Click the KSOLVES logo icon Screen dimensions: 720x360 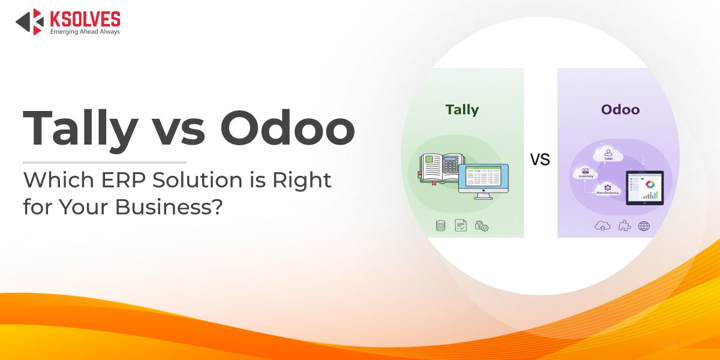[29, 22]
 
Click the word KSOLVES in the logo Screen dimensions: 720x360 [85, 19]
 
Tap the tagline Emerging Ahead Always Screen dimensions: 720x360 [85, 32]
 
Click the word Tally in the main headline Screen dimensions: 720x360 [80, 128]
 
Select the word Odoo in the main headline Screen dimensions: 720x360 [287, 128]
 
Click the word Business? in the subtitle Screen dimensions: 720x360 [169, 206]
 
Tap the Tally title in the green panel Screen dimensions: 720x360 [462, 110]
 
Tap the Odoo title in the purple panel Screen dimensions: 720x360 [620, 110]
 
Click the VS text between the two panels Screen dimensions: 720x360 [540, 160]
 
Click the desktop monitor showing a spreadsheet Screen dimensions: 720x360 [484, 181]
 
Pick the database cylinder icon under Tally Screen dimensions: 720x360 [440, 226]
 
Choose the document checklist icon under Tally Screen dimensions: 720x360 [461, 226]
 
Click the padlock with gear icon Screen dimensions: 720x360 [481, 226]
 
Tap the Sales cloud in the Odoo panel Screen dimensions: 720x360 [608, 155]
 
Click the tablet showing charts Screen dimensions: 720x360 [645, 188]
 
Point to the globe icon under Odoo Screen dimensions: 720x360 [644, 226]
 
